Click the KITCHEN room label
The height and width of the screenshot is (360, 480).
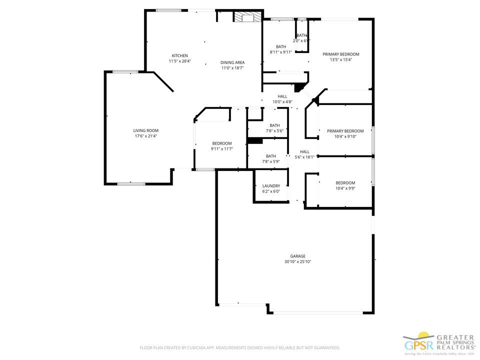pos(179,55)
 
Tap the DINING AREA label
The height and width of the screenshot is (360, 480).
pos(232,62)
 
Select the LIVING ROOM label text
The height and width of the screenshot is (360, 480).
pos(145,130)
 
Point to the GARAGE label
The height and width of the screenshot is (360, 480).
pos(297,256)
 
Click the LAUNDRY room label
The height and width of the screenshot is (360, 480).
pos(271,185)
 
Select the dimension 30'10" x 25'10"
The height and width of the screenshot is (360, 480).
pos(297,261)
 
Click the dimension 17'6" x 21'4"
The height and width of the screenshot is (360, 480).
pos(145,136)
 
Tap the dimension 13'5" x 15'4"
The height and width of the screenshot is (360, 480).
pos(340,60)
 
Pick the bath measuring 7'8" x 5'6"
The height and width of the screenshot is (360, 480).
pos(274,125)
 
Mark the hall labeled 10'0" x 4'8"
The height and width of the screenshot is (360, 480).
pos(282,96)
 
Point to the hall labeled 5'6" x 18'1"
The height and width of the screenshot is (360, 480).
pos(304,152)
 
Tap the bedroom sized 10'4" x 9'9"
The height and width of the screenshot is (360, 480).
pos(345,183)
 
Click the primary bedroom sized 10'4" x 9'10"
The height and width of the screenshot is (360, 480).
pos(345,131)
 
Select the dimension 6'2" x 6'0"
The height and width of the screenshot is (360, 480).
pos(271,191)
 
